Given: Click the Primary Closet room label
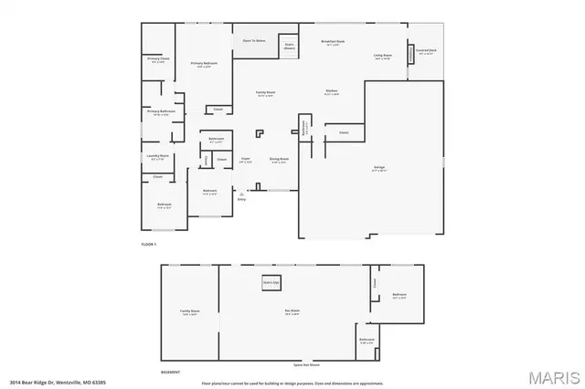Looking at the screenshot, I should pos(157,60).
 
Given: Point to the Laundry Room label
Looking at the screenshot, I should pos(156,157).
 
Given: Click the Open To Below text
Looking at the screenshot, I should pos(253,41).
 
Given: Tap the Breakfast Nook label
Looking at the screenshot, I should pos(333,43).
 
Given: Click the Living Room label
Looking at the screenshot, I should pos(382,57).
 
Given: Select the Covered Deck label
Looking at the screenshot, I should pos(427,52).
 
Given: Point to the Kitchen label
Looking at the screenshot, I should pos(333,92).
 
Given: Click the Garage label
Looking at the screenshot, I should pos(378,168).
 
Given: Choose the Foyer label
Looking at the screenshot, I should pos(245,160).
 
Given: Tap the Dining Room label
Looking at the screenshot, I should pos(279,160).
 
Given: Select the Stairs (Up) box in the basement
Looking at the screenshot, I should pos(271,283).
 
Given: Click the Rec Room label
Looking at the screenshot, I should pos(292,312).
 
